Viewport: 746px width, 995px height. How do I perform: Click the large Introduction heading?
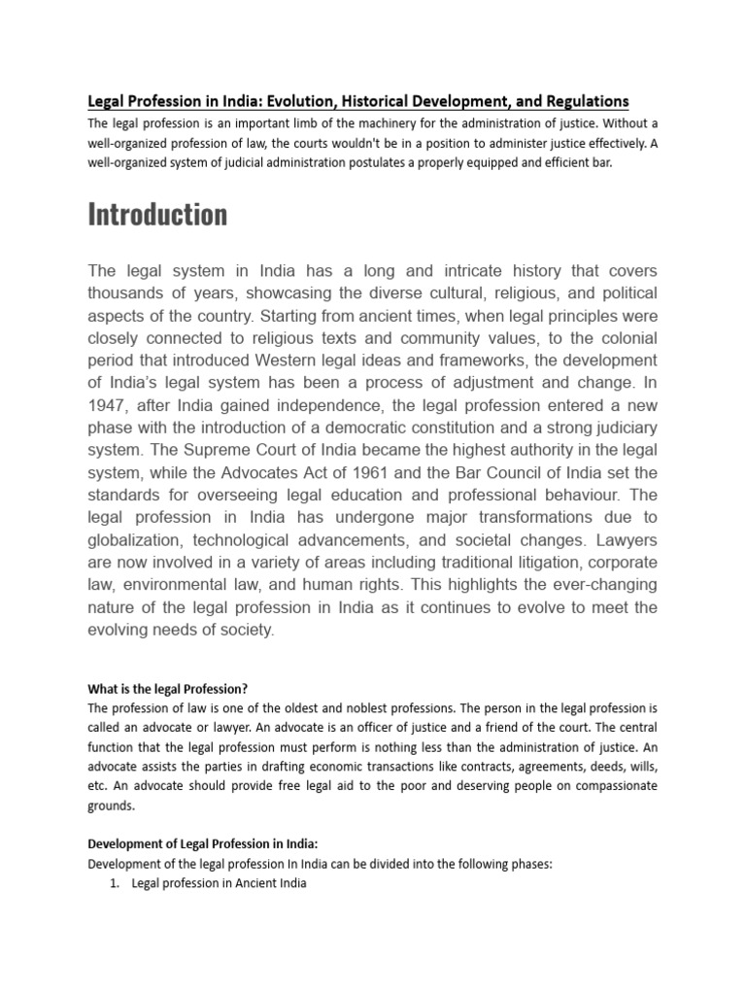point(157,214)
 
